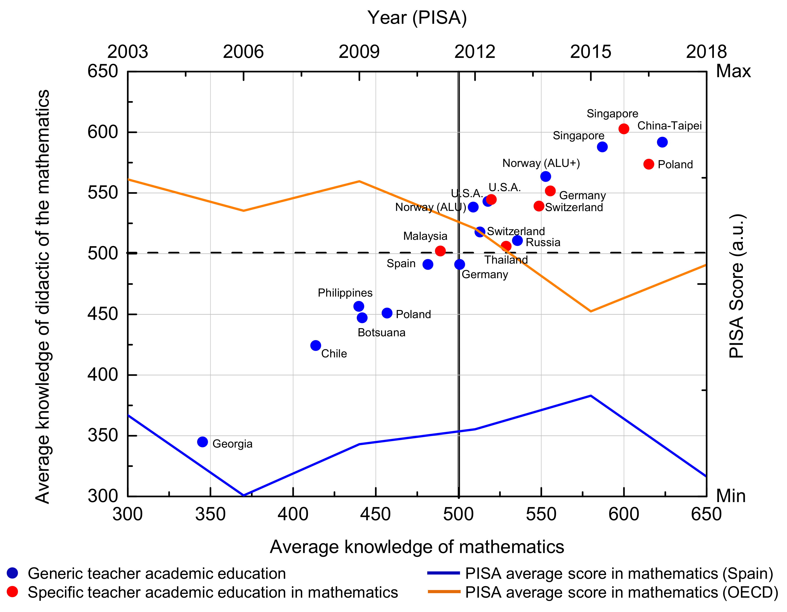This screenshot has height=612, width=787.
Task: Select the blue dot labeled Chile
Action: [316, 345]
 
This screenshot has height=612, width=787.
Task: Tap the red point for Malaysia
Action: [440, 251]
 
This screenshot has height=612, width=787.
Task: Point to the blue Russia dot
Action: [517, 240]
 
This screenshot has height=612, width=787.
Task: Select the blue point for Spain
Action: [428, 264]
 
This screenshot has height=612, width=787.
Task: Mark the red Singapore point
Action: [624, 129]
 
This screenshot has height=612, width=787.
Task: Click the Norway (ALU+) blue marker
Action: [546, 177]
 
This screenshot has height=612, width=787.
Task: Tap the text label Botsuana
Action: [381, 332]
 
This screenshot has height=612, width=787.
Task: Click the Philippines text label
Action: [345, 293]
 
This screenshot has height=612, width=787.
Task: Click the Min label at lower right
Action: [730, 496]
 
